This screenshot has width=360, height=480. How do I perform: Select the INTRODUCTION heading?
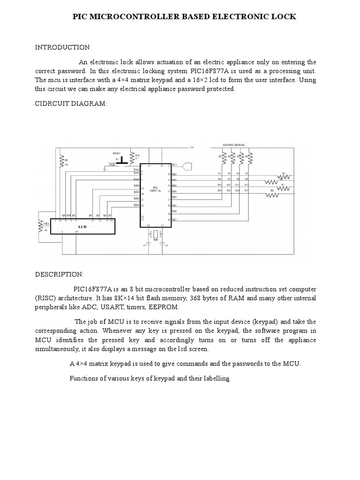[x=63, y=47]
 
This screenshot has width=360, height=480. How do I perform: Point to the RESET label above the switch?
[x=117, y=153]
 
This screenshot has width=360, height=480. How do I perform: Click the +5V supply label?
[x=191, y=148]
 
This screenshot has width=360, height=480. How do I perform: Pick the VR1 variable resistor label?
[x=46, y=224]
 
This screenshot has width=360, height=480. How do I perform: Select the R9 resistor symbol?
[x=61, y=161]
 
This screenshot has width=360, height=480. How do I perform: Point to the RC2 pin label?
[x=174, y=165]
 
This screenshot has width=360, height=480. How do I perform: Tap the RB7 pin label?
[x=174, y=219]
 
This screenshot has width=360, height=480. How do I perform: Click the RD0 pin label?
[x=136, y=186]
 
